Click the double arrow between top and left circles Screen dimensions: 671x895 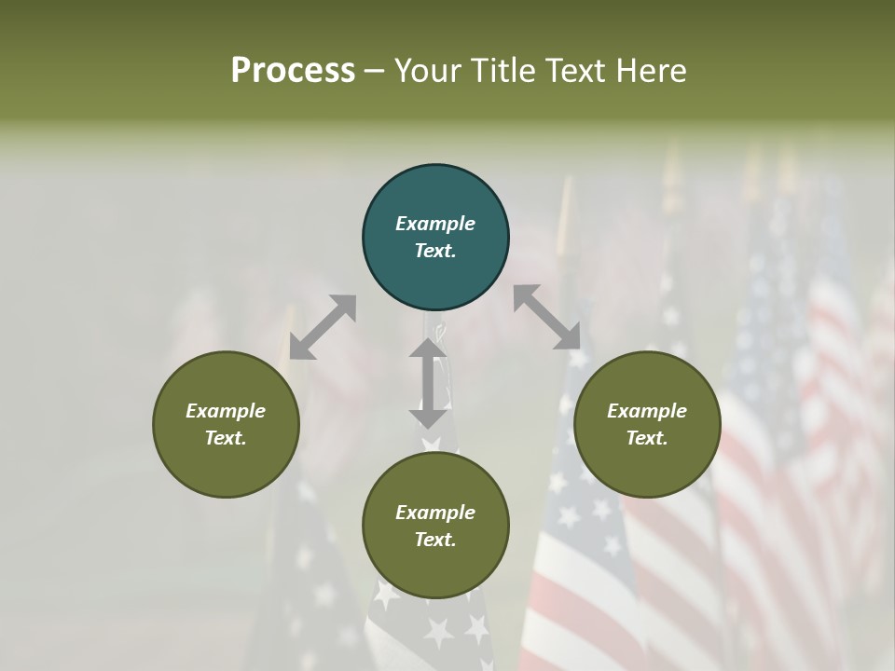[323, 327]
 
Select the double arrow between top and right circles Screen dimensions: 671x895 [547, 317]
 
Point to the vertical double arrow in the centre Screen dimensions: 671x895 [428, 383]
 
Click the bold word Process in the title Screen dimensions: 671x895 [293, 70]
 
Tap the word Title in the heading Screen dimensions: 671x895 [502, 70]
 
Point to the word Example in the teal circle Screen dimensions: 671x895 [435, 224]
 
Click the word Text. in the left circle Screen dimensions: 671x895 [226, 438]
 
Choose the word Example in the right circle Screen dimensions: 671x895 [647, 411]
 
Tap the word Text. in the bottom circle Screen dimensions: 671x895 [435, 540]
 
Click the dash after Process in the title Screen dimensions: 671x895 [375, 70]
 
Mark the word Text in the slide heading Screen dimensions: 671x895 [571, 70]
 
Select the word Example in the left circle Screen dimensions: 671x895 [226, 411]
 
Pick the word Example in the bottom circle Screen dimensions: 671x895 [435, 513]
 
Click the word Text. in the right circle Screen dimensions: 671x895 [647, 438]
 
